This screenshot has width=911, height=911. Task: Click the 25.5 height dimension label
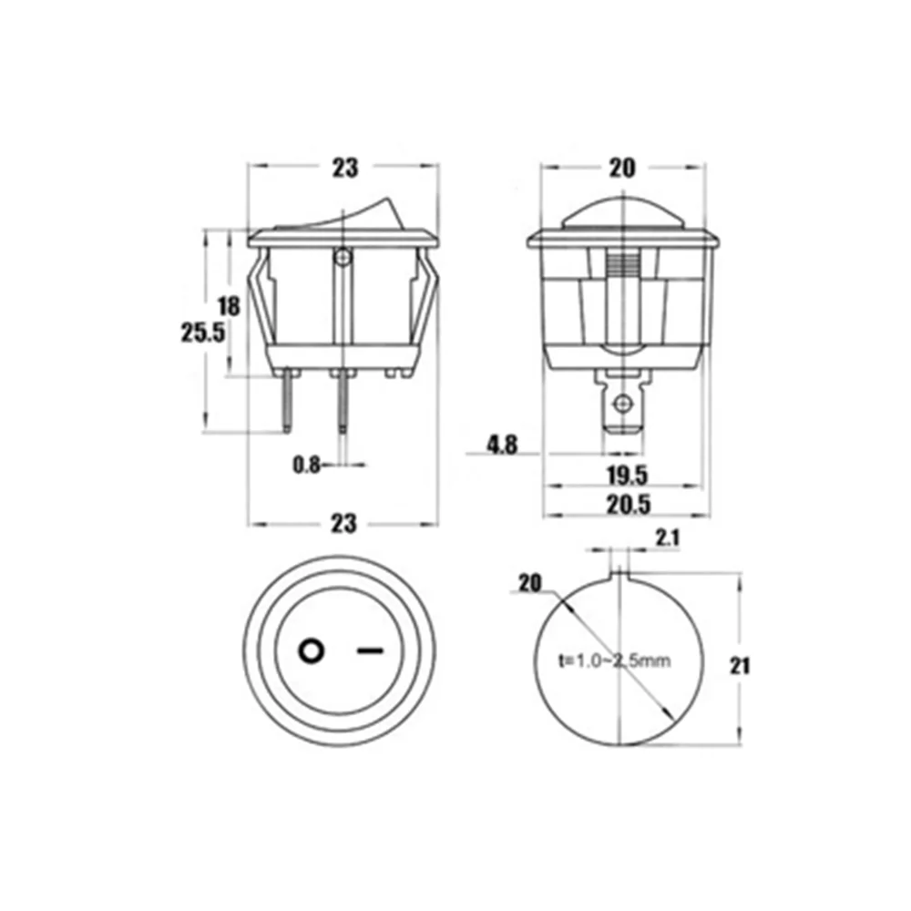click(x=203, y=333)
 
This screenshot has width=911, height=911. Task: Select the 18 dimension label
click(x=229, y=306)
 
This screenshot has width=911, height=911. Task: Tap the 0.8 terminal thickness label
click(x=306, y=465)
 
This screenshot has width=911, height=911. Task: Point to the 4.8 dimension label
click(x=502, y=445)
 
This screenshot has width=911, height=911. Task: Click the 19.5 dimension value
click(x=628, y=476)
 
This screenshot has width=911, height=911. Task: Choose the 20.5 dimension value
click(x=629, y=505)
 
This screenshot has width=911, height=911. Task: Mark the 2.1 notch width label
click(x=668, y=538)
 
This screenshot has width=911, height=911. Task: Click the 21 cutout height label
click(x=740, y=666)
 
